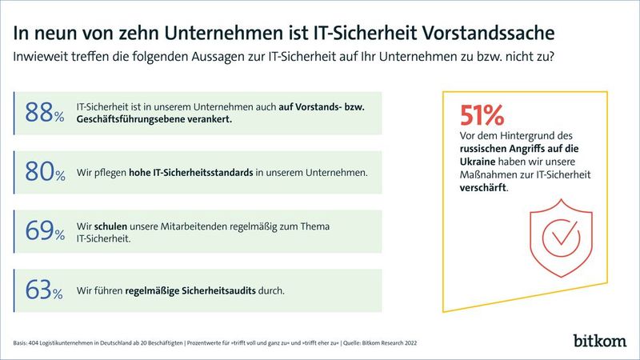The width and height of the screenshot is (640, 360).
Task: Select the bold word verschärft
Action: (482, 190)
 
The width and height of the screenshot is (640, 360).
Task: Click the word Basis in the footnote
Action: (20, 341)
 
